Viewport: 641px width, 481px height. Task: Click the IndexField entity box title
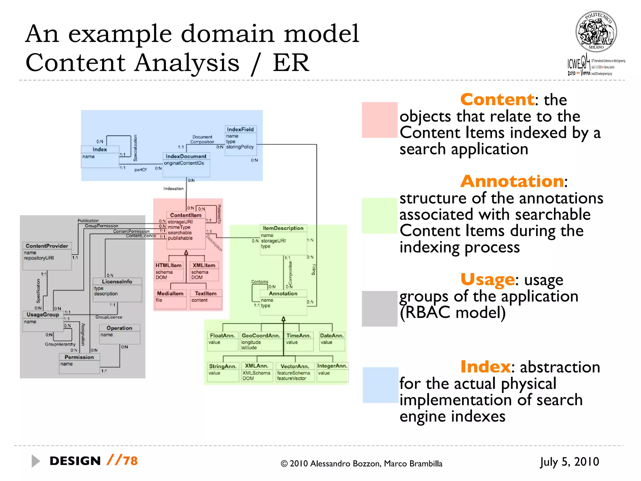click(240, 129)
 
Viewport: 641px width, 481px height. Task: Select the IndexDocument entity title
click(186, 156)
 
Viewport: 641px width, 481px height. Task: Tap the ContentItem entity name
click(186, 215)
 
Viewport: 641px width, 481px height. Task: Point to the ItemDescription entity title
click(283, 228)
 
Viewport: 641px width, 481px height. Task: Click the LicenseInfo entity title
click(117, 282)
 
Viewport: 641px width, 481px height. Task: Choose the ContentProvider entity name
click(47, 246)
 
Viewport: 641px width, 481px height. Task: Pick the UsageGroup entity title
click(43, 314)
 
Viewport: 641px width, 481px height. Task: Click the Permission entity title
click(79, 357)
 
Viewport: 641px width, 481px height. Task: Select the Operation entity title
click(119, 328)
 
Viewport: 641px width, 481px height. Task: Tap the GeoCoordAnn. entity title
click(261, 335)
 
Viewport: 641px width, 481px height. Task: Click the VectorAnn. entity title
click(295, 366)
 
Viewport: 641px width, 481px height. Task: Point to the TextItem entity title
click(206, 293)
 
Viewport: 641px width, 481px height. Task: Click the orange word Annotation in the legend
click(512, 181)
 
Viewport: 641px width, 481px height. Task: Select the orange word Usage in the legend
click(487, 279)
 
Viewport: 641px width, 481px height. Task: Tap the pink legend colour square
click(379, 120)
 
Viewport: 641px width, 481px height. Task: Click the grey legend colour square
click(379, 309)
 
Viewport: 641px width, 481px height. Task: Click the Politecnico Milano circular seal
click(596, 32)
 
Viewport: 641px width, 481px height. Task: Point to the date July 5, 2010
click(569, 462)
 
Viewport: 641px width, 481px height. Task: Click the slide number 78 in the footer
click(130, 461)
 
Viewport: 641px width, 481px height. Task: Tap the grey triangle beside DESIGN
click(35, 461)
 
